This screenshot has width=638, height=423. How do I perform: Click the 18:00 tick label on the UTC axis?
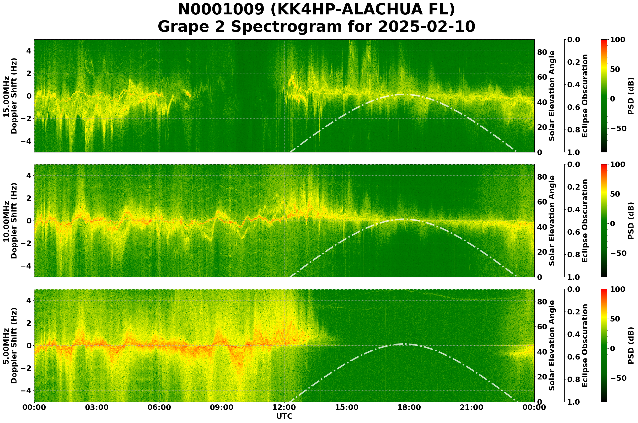[409, 407]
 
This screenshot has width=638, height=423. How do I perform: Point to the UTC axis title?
[284, 416]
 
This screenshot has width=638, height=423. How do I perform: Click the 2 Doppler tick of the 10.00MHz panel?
[29, 198]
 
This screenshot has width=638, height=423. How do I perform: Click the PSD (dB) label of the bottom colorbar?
[631, 345]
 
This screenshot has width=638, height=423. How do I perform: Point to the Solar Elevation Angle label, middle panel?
[552, 221]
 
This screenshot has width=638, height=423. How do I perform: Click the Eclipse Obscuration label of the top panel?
[585, 96]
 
